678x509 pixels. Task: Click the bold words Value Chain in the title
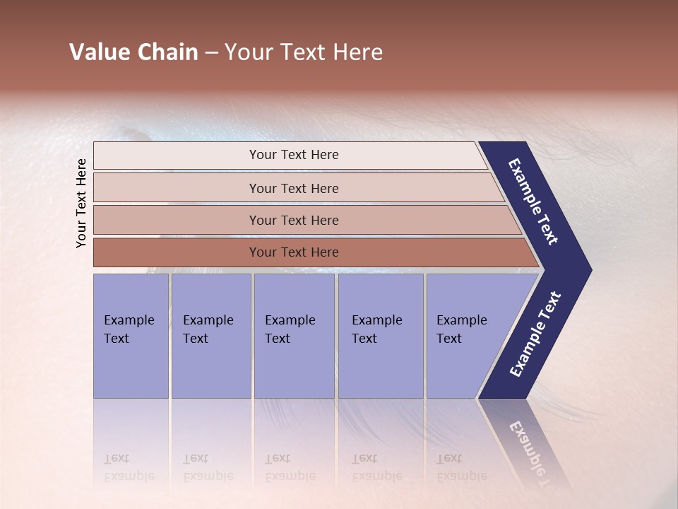133,52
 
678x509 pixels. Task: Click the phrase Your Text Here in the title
304,52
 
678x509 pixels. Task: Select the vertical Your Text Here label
81,203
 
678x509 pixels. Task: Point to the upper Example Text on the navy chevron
533,202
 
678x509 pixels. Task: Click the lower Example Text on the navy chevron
535,334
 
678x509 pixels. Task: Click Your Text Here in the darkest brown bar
294,252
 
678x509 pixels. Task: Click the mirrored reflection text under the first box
129,467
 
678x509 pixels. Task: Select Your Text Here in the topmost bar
294,155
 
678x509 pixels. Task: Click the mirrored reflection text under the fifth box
461,467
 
